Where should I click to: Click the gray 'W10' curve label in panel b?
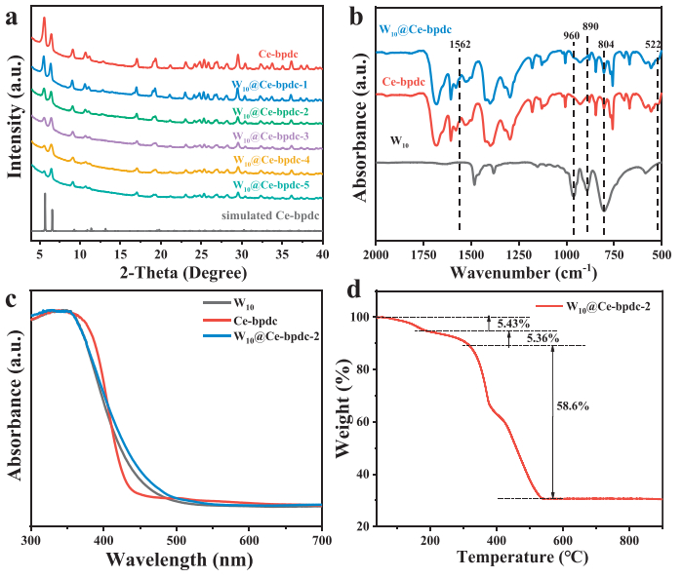point(399,141)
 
